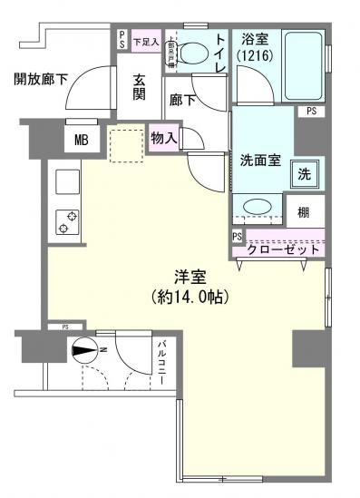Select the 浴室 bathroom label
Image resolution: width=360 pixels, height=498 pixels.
[254, 39]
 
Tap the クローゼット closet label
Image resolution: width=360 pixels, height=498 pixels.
[284, 248]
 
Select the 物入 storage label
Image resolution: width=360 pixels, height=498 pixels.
[164, 139]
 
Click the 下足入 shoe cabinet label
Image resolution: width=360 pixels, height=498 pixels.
[145, 40]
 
